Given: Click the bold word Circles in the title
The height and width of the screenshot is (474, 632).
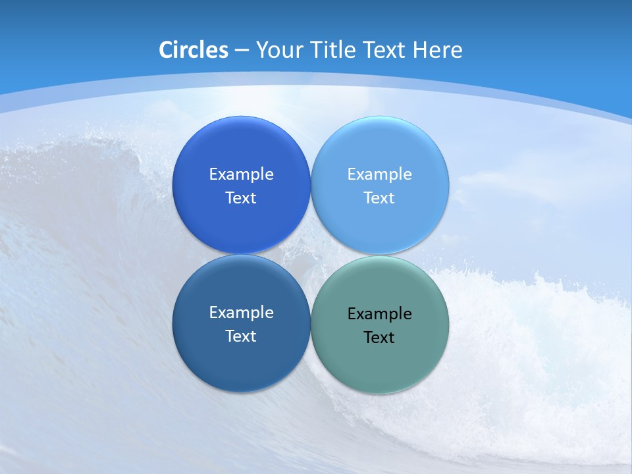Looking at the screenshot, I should click(x=194, y=50).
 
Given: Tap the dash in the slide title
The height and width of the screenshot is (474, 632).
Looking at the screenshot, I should click(x=242, y=51).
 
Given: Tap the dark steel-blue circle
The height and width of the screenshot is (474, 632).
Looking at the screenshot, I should click(x=241, y=362).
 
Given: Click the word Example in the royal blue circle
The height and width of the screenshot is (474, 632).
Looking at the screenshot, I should click(x=241, y=174).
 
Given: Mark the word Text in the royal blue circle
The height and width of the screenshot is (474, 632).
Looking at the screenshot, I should click(x=241, y=197).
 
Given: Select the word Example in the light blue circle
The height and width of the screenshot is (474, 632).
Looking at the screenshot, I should click(x=379, y=174).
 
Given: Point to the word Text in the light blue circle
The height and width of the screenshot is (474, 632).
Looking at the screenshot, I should click(x=379, y=197).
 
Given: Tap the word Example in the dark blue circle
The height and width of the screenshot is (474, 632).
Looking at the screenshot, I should click(x=241, y=312).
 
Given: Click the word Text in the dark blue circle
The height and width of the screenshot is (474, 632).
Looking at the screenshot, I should click(x=241, y=336).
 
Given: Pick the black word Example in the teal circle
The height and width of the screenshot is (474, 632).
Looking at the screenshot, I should click(x=379, y=313).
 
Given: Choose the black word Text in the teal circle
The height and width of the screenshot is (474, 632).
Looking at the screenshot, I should click(x=379, y=337).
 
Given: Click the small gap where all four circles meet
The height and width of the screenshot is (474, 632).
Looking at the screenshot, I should click(x=311, y=254).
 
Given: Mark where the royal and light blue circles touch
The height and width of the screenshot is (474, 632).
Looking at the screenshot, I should click(x=311, y=185).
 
